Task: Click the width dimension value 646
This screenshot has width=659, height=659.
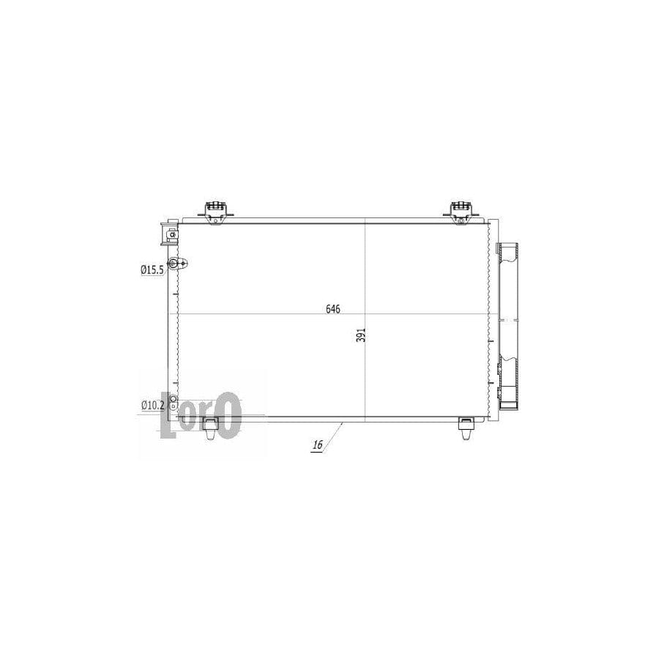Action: [333, 308]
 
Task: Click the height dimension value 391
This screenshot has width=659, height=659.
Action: [360, 335]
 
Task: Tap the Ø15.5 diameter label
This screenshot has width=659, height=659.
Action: [152, 269]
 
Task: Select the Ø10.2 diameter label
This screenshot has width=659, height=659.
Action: [152, 404]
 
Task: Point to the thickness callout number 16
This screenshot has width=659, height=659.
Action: [318, 445]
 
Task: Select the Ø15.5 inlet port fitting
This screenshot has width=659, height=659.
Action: [175, 264]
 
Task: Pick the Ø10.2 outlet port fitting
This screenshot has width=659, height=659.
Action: [173, 401]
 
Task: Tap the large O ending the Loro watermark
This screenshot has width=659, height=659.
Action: [229, 414]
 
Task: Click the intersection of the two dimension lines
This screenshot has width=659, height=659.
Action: [365, 314]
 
